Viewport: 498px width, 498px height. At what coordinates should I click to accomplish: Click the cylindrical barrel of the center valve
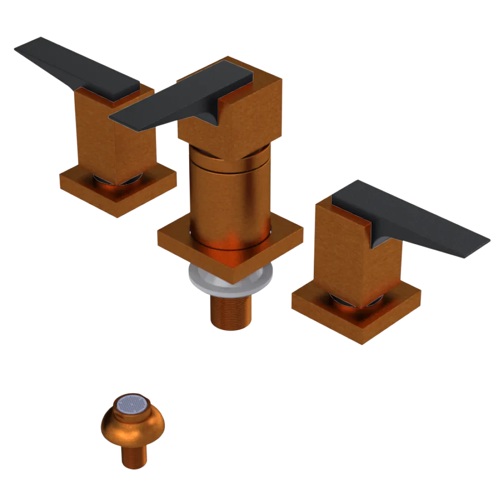point(229,199)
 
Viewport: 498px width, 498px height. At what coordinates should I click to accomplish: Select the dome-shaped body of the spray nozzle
point(132,428)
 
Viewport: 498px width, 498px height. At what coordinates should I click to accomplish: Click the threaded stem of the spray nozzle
point(134,456)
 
